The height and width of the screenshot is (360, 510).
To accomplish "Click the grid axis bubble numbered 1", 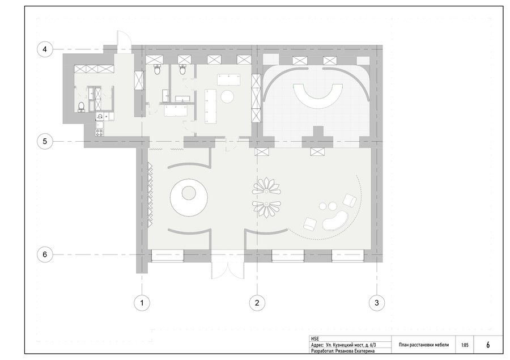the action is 142,303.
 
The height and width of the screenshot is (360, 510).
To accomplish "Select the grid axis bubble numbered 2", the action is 257,303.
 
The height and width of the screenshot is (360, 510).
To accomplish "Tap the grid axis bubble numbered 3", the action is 377,303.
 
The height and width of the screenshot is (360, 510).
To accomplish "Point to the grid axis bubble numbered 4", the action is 45,49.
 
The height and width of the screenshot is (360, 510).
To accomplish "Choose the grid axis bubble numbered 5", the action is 45,141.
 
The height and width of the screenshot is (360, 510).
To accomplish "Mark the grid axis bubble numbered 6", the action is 45,254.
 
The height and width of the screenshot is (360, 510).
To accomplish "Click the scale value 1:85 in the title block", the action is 465,345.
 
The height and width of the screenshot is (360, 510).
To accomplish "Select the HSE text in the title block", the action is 315,339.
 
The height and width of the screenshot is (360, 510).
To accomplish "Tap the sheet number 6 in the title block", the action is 488,345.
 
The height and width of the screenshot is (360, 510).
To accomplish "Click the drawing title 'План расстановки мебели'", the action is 423,345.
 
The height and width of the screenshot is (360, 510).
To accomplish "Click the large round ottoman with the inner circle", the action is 189,196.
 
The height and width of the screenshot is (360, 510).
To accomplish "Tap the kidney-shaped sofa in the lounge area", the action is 335,221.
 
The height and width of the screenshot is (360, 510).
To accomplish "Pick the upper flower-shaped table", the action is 266,187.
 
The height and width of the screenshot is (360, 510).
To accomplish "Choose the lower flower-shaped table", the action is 266,208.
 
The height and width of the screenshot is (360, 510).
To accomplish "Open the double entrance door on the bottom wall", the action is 227,270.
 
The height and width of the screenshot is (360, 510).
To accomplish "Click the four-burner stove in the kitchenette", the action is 100,133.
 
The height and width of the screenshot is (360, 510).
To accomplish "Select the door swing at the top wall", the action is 124,41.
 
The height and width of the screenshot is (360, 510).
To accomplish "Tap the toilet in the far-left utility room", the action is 81,107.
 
